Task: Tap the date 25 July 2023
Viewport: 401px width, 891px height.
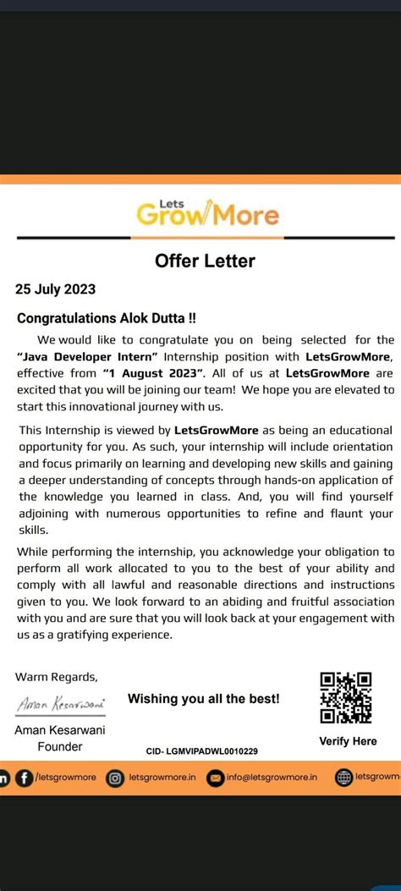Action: click(x=56, y=289)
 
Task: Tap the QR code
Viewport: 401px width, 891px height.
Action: click(x=346, y=698)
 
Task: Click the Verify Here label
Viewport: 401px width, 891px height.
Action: click(x=348, y=741)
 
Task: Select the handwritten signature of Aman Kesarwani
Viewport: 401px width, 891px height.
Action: click(x=58, y=704)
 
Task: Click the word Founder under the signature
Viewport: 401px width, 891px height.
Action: click(x=60, y=746)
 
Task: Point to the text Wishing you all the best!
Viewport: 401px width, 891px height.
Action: click(x=203, y=699)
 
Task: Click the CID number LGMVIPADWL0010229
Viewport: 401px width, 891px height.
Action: click(x=202, y=751)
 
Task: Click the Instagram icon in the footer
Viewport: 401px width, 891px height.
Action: click(x=114, y=778)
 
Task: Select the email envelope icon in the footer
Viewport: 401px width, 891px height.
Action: click(x=216, y=778)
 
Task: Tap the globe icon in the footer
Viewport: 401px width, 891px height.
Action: click(x=343, y=778)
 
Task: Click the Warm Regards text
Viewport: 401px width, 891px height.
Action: click(x=57, y=676)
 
